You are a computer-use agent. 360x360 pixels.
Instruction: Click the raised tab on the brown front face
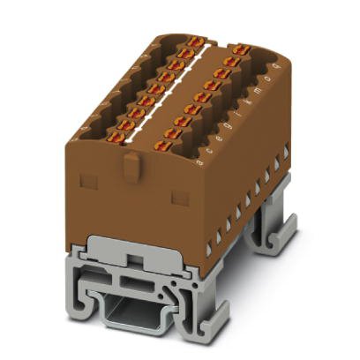[130, 164]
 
